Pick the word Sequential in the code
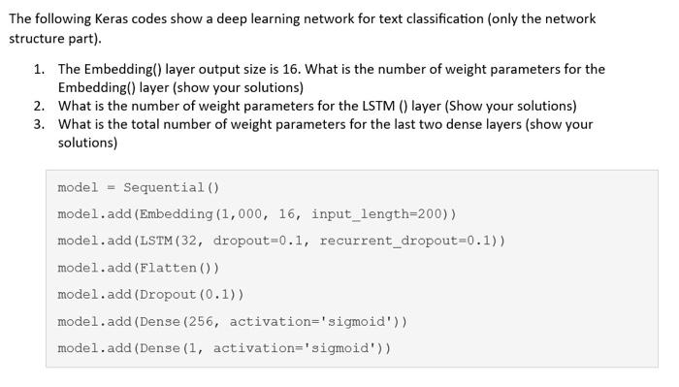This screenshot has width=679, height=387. pos(163,187)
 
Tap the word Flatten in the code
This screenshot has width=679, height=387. pos(170,268)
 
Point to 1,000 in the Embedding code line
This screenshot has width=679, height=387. pos(239,213)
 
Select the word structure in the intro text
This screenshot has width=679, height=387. pos(38,38)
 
